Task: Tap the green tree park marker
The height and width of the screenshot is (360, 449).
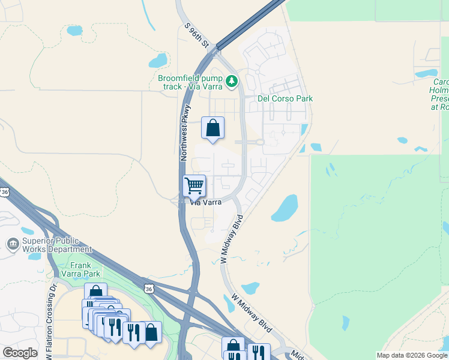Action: click(x=231, y=80)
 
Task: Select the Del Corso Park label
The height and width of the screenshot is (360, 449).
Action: click(x=285, y=98)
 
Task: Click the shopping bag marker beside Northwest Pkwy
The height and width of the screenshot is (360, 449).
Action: click(x=212, y=128)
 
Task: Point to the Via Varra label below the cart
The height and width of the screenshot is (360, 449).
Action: click(x=206, y=203)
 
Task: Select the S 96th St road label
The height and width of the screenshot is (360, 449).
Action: click(x=196, y=36)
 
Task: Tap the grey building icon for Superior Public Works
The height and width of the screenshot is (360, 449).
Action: click(x=12, y=244)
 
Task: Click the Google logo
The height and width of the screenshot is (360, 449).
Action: click(x=20, y=353)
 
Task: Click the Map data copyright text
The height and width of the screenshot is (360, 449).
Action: click(x=412, y=355)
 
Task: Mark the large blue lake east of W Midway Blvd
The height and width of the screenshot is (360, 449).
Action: click(x=285, y=208)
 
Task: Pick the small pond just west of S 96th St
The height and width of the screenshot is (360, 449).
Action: click(x=158, y=61)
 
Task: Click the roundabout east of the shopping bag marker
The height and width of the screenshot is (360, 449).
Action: click(x=260, y=142)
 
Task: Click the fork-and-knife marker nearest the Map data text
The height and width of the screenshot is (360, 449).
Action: click(x=258, y=352)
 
